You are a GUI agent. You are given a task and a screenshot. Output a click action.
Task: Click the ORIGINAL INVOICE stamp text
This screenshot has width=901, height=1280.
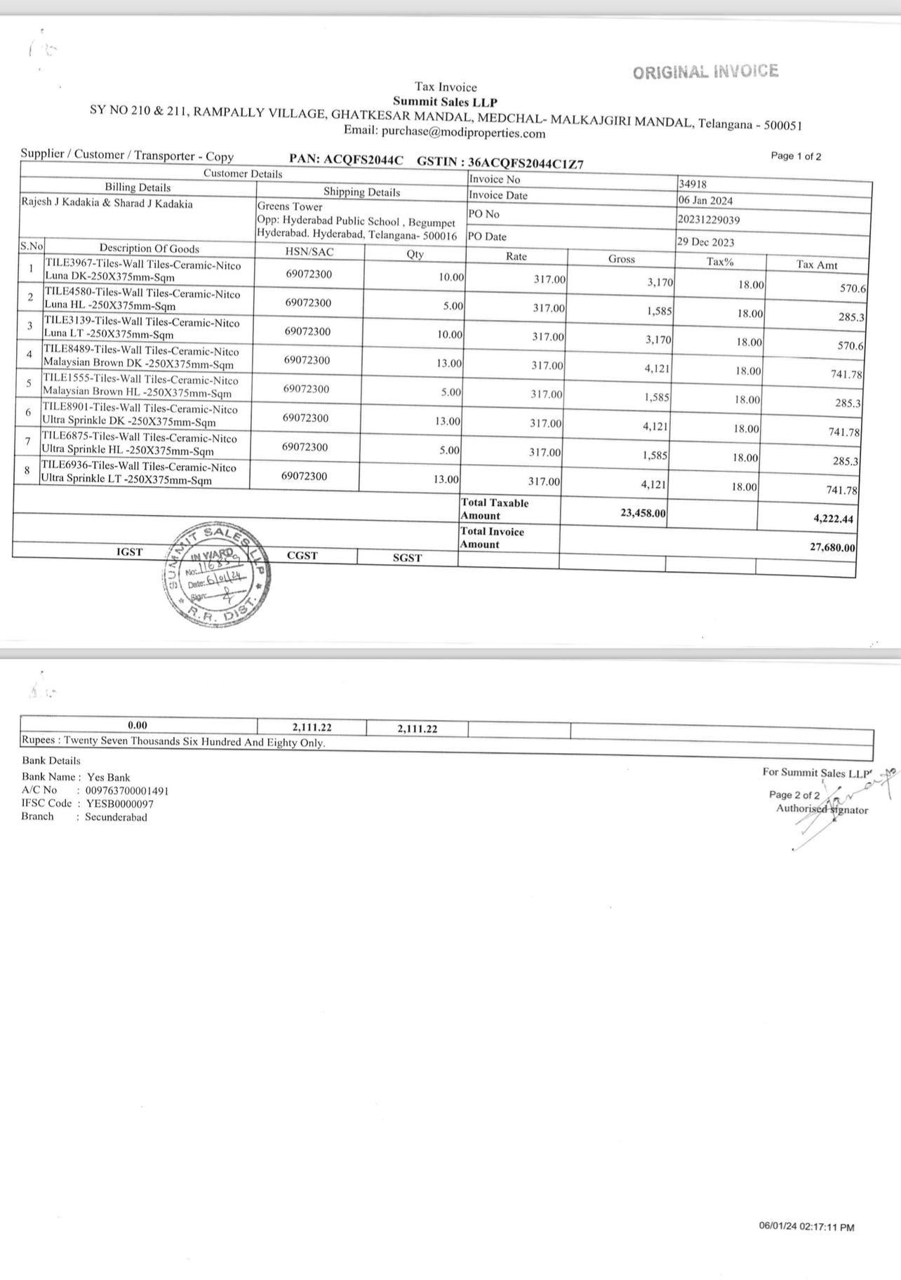[705, 72]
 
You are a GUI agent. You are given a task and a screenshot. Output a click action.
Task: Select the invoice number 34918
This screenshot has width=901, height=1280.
[693, 185]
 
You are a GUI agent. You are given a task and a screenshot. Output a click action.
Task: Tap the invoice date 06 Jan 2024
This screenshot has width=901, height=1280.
[705, 201]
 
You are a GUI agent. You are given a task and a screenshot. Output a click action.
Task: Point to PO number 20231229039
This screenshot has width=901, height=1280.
[709, 220]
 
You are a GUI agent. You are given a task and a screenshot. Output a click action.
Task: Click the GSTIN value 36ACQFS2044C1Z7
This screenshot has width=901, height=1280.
[526, 163]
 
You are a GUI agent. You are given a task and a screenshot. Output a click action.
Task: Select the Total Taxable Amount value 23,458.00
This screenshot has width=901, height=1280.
[643, 513]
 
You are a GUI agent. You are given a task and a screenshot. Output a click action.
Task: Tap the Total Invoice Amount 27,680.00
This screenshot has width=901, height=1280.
[832, 547]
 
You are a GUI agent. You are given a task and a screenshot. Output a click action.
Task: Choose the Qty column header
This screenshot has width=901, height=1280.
[415, 254]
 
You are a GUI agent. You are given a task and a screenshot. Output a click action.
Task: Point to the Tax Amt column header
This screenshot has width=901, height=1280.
[817, 265]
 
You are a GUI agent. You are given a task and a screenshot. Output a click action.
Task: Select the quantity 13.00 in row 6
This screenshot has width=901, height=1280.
[448, 421]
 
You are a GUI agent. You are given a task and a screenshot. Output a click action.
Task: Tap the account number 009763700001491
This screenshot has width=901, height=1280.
[127, 790]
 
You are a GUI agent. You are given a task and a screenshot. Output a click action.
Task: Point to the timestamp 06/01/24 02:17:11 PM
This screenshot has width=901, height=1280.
[806, 1227]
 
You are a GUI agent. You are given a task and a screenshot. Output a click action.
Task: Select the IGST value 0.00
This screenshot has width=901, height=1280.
[138, 726]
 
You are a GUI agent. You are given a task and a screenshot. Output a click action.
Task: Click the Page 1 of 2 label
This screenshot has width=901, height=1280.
[796, 156]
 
